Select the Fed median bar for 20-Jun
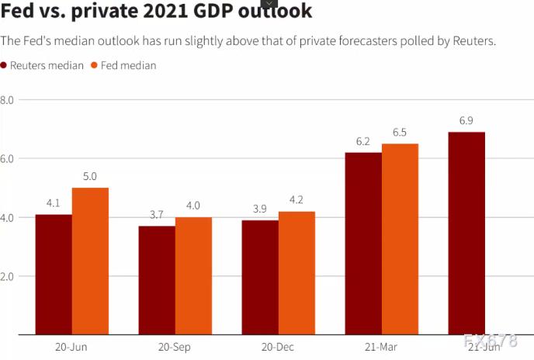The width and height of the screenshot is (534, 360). point(90,261)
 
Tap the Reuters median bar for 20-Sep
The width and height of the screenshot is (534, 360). point(157,280)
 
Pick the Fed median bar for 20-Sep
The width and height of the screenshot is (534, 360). point(193,275)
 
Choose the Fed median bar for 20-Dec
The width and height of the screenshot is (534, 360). point(296,272)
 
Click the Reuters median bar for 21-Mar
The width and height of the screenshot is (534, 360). point(363,243)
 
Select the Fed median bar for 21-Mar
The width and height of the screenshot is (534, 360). point(400,239)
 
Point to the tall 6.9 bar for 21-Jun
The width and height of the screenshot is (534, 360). point(466,233)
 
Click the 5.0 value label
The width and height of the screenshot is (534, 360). point(90,177)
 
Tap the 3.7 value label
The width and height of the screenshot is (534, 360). point(157,215)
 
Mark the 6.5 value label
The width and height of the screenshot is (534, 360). point(400,133)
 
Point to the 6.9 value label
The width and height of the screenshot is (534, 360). point(466,121)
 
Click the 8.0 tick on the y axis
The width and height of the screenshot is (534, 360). point(7,100)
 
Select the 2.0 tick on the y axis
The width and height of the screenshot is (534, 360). point(7,276)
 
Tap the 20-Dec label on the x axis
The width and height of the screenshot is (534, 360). point(278,347)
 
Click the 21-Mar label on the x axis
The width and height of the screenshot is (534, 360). point(381,347)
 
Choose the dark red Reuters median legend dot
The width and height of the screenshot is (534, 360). point(5,66)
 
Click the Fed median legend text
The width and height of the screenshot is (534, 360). point(130,66)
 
